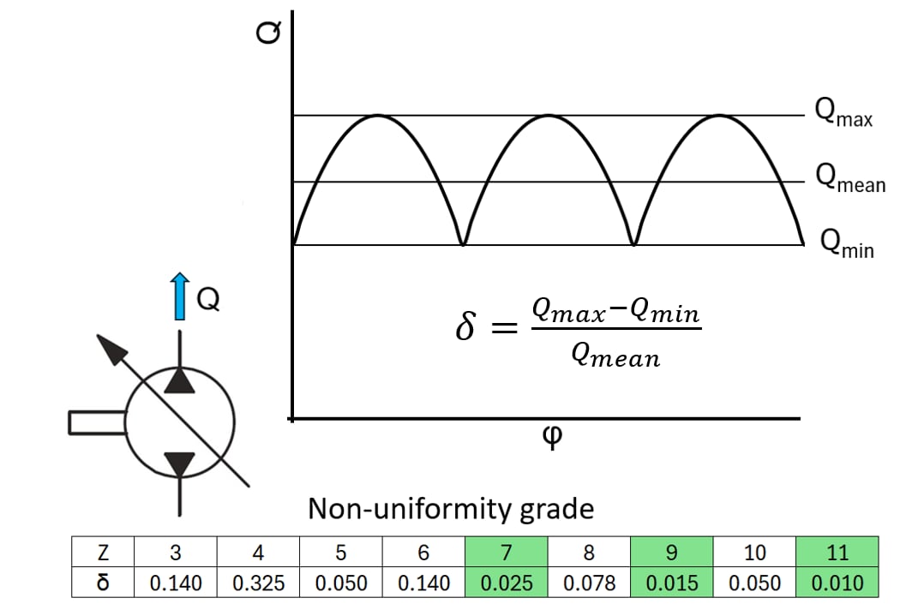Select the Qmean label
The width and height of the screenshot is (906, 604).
pyautogui.click(x=849, y=178)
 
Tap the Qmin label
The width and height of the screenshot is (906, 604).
pyautogui.click(x=846, y=244)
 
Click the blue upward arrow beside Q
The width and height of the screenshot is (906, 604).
pyautogui.click(x=180, y=296)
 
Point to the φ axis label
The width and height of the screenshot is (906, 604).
pyautogui.click(x=553, y=437)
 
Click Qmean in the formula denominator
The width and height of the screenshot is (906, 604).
pyautogui.click(x=615, y=356)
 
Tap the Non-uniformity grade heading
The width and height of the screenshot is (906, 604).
pyautogui.click(x=451, y=509)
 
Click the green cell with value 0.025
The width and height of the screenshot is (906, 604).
pyautogui.click(x=507, y=583)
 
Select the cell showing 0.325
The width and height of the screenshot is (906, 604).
pyautogui.click(x=259, y=583)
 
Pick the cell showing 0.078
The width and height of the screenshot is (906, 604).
pyautogui.click(x=589, y=583)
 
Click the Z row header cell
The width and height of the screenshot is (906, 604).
pyautogui.click(x=103, y=553)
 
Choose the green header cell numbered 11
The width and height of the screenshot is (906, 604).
pyautogui.click(x=837, y=553)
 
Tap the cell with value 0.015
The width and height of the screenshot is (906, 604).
pyautogui.click(x=672, y=583)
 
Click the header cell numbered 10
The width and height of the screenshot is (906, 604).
pyautogui.click(x=754, y=553)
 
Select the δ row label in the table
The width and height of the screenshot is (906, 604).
pyautogui.click(x=103, y=583)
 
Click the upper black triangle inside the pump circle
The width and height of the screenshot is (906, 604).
pyautogui.click(x=179, y=380)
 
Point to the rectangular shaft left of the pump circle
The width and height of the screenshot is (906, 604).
pyautogui.click(x=97, y=422)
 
